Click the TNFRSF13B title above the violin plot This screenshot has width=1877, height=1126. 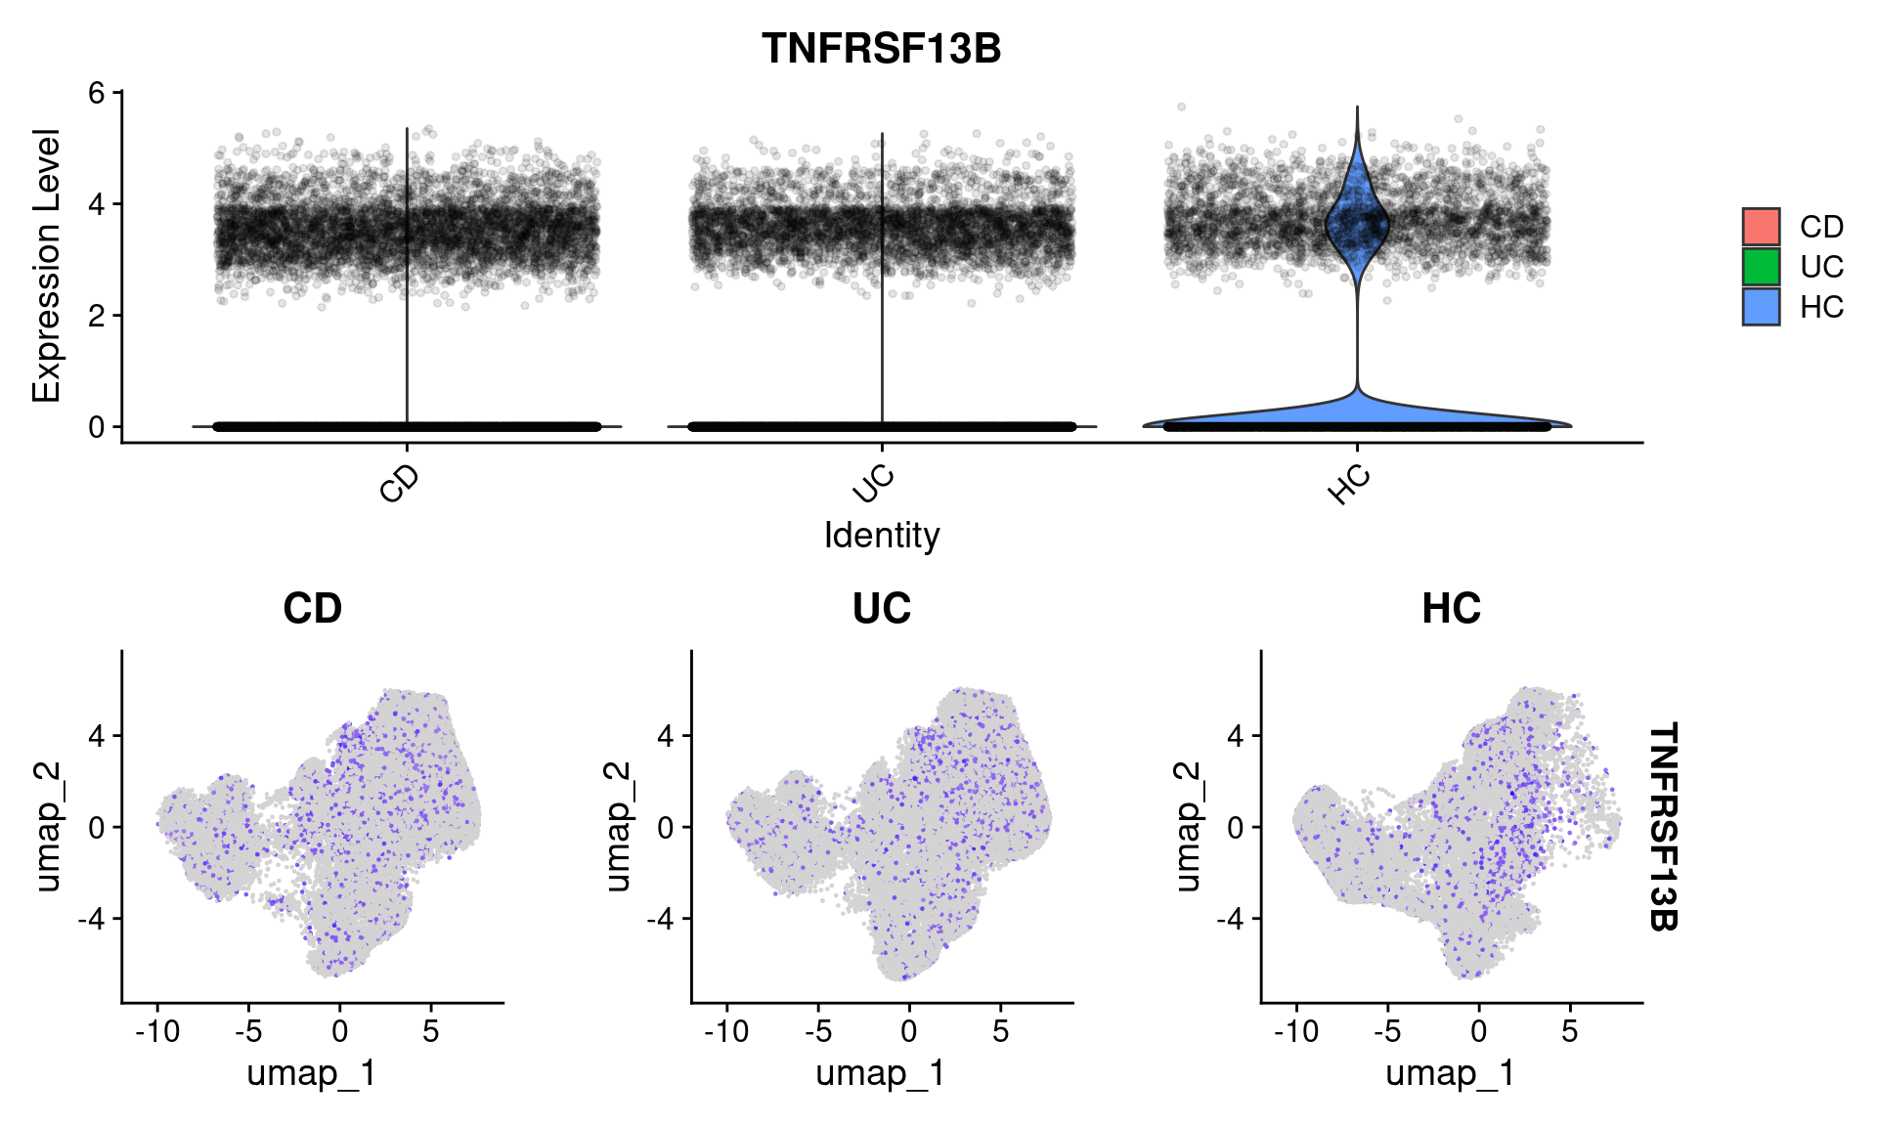[x=881, y=49]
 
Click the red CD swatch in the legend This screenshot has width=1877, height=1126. [x=1761, y=227]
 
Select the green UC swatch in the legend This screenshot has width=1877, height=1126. [x=1761, y=267]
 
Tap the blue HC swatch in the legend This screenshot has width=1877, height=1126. [x=1761, y=307]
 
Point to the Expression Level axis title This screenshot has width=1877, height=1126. [x=46, y=266]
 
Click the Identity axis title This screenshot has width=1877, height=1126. [x=881, y=536]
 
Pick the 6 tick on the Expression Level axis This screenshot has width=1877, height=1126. [x=97, y=93]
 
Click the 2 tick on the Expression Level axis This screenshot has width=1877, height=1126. [x=97, y=316]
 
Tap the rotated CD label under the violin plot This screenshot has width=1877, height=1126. [x=399, y=484]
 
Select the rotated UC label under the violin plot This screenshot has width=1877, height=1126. [x=873, y=484]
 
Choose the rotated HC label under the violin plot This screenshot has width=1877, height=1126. [x=1349, y=485]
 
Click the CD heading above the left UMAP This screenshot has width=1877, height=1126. [x=312, y=609]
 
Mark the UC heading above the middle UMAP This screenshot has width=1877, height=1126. [x=881, y=609]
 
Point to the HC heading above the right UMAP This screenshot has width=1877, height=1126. [x=1451, y=609]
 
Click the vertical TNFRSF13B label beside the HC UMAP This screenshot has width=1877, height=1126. [x=1663, y=827]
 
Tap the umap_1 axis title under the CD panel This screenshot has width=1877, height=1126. [x=312, y=1073]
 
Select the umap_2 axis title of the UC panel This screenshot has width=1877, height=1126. [x=617, y=827]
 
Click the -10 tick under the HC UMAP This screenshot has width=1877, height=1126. [x=1296, y=1031]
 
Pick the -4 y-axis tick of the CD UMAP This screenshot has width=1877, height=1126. [x=95, y=919]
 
